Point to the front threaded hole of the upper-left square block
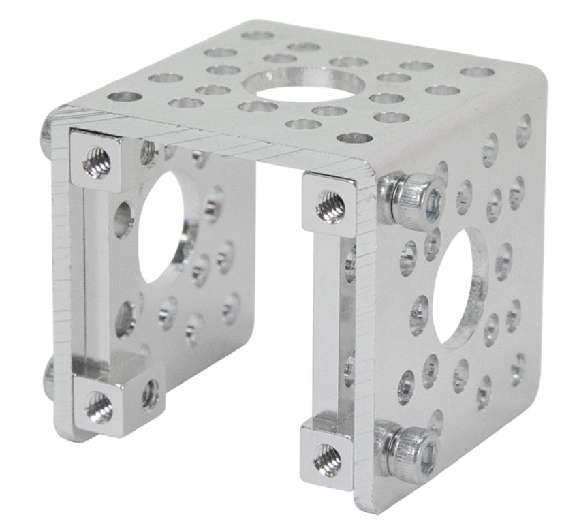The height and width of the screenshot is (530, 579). coord(97,163)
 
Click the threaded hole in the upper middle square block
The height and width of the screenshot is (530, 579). coord(331,206)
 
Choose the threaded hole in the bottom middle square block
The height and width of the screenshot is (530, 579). coord(328,460)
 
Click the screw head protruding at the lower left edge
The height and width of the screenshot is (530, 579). coord(49,378)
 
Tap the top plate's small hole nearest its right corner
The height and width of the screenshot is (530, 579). coord(477,72)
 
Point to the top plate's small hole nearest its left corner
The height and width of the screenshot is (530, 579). coord(125,96)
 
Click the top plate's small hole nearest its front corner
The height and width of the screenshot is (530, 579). coord(354,138)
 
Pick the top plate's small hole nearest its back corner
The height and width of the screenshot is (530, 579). coord(257,35)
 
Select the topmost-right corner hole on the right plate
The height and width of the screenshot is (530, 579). coord(523,129)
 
